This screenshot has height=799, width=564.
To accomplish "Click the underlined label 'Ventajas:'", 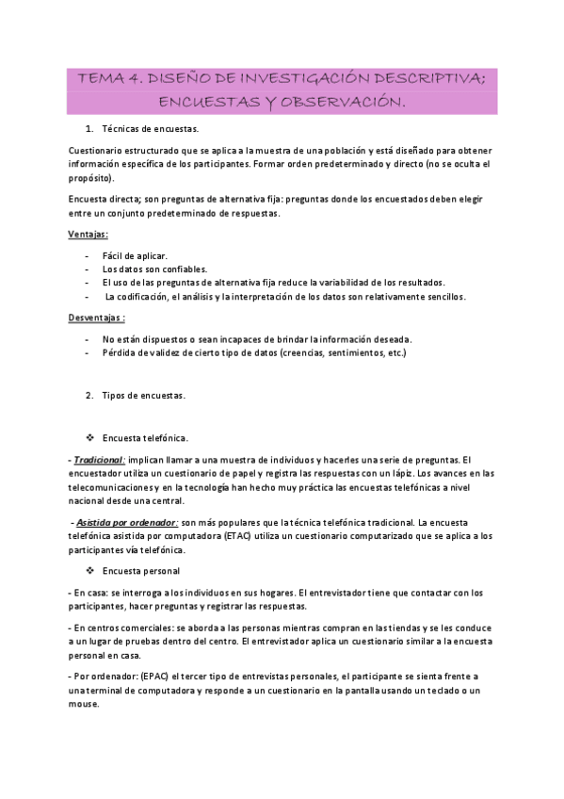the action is (88, 234).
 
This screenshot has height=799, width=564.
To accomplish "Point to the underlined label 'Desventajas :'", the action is (97, 318).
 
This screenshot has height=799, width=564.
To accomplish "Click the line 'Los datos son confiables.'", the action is (154, 269).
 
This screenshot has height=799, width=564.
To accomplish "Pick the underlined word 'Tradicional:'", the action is (99, 460).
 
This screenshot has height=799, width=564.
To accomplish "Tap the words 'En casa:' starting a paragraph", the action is (89, 593).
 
